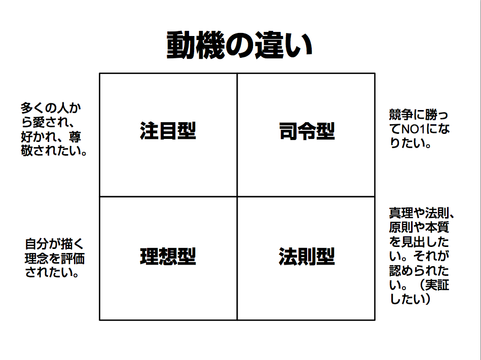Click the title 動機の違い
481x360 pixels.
[240, 45]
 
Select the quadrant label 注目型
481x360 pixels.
[168, 131]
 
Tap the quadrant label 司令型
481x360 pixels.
[307, 131]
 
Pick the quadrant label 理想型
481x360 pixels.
[168, 256]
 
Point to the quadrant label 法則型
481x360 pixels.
[307, 256]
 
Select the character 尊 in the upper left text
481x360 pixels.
[75, 137]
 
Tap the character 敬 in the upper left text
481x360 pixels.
[27, 151]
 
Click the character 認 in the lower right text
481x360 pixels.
[395, 271]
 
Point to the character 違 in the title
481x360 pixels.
[269, 45]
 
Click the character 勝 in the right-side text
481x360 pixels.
[431, 115]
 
